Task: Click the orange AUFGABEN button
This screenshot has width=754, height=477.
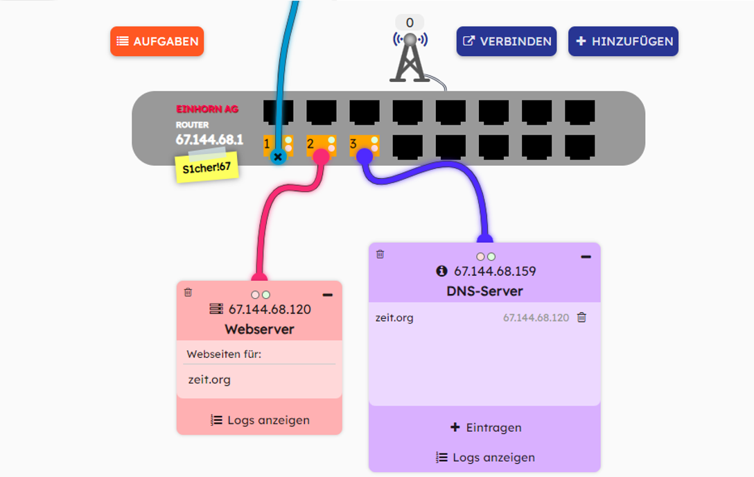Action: [x=157, y=42]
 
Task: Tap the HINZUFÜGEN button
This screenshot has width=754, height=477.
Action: [x=623, y=42]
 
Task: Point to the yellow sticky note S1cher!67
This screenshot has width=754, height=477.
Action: [x=207, y=167]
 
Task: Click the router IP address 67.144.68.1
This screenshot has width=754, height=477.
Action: [x=209, y=139]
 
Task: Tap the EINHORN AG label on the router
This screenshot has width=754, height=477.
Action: [x=207, y=110]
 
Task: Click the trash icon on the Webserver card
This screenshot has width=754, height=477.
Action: [x=188, y=293]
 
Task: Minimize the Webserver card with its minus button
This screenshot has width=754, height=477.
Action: [x=328, y=295]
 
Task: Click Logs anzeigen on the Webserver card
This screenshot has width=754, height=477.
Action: [x=260, y=420]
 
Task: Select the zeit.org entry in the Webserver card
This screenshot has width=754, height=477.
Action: [x=209, y=380]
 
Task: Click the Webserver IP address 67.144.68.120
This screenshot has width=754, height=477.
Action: [x=270, y=309]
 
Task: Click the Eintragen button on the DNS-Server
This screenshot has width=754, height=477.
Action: [x=485, y=428]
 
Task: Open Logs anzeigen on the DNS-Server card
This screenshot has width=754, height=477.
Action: [x=485, y=458]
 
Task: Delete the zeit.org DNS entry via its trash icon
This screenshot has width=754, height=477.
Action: [x=581, y=318]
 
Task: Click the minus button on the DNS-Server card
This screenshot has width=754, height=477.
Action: [x=586, y=257]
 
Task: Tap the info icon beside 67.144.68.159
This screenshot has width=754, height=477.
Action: [x=442, y=271]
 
